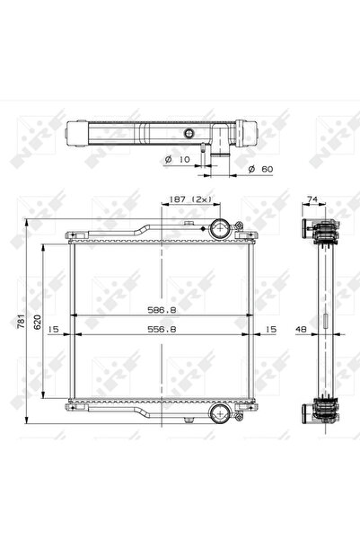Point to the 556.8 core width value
[x=161, y=330]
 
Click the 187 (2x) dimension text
[x=187, y=199]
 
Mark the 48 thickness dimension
[x=303, y=330]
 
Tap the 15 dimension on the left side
[x=54, y=330]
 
